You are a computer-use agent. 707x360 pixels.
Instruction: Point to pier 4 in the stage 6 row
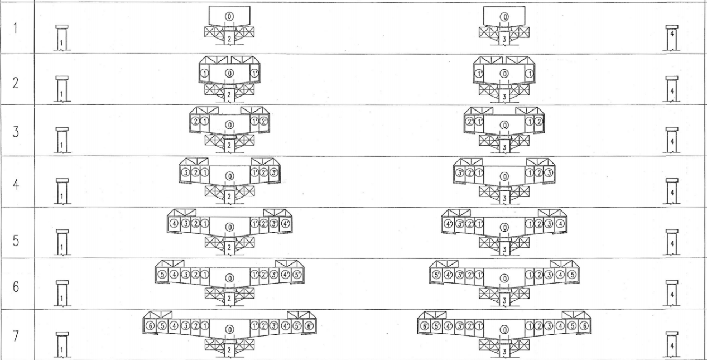pos(672,294)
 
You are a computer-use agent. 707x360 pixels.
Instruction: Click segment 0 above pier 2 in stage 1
pos(229,17)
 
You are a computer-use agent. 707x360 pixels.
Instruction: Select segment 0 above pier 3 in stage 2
pos(504,73)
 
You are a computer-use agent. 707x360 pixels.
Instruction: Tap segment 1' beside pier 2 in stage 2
pos(254,73)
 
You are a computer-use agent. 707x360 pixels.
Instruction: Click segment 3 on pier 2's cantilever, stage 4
pos(185,172)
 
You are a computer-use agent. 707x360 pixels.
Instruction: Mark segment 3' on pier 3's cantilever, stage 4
pos(460,172)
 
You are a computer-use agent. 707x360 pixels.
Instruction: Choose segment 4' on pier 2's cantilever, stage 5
pos(286,224)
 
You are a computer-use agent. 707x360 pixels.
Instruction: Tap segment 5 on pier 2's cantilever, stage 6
pos(162,275)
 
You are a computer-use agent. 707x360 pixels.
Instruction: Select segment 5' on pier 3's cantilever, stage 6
pos(436,275)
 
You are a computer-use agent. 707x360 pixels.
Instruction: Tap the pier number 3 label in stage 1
pos(504,40)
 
